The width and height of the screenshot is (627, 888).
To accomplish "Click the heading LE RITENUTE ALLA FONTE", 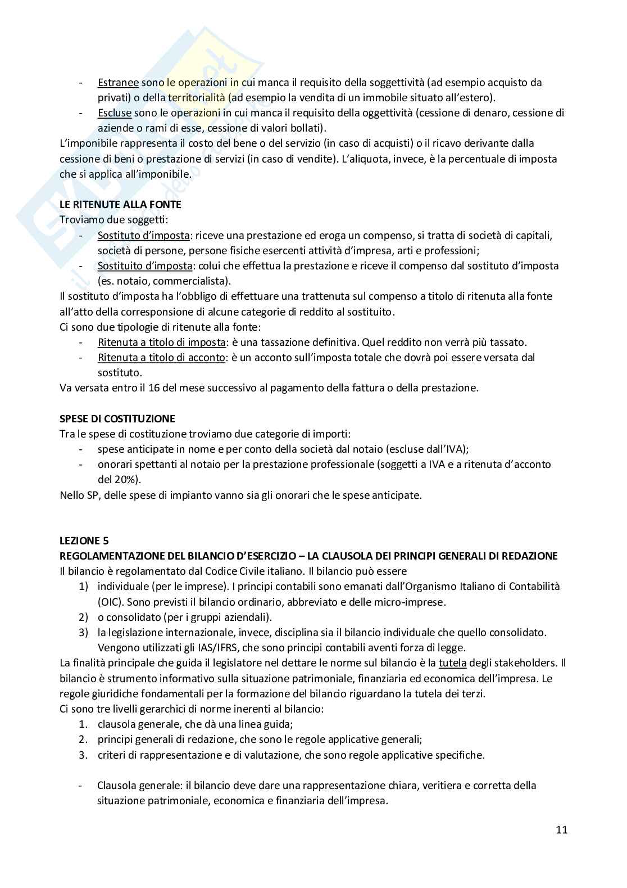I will pos(120,205).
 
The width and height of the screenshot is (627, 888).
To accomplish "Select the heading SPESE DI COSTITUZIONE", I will pos(117,418).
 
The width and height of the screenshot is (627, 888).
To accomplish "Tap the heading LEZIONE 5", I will pos(84,541).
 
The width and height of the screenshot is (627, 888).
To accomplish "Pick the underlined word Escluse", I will pos(114,113).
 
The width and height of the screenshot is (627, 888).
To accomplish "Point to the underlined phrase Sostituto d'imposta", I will pos(144,235).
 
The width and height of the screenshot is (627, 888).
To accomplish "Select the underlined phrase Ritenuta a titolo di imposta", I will pos(161,342).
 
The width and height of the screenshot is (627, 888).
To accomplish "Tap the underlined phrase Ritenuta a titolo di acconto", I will pos(161,357).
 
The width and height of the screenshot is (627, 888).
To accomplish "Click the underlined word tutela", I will pos(452,663).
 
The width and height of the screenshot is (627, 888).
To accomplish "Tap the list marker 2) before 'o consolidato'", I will pos(83,617).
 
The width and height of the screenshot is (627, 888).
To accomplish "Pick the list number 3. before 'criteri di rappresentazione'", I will pos(83,755).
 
